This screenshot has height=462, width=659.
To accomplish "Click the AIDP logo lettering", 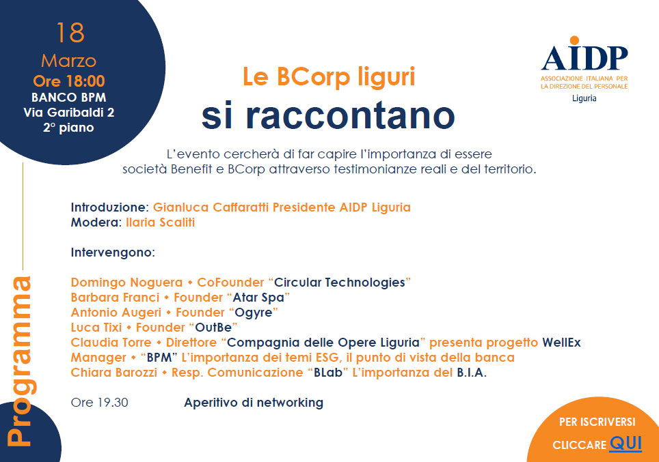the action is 584,54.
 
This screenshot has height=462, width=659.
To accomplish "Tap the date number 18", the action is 70,33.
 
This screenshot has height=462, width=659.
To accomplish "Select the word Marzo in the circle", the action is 69,61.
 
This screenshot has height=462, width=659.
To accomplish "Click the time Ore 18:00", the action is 69,81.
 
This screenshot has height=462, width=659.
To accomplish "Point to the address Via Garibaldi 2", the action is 69,113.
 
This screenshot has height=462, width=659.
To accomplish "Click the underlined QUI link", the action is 626,443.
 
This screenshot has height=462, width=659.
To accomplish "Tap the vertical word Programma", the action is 20,361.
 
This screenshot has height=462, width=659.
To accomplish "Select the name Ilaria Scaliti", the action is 160,222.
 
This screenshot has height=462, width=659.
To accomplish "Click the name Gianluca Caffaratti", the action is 211,207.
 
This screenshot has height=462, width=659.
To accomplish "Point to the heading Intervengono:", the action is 113,252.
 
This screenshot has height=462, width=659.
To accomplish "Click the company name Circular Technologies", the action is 340,283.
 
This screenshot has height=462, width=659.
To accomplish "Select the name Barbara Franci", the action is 115,298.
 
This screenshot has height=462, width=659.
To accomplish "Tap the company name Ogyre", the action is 254,313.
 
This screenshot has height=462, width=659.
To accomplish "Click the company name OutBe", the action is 213,328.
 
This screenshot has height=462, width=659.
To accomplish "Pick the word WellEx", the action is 561,343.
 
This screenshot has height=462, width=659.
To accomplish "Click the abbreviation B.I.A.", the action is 472,373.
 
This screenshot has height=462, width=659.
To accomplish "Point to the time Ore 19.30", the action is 100,403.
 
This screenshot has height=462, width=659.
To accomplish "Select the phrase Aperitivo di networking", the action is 254,403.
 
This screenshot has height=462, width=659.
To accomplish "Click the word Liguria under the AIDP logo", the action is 584,98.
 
